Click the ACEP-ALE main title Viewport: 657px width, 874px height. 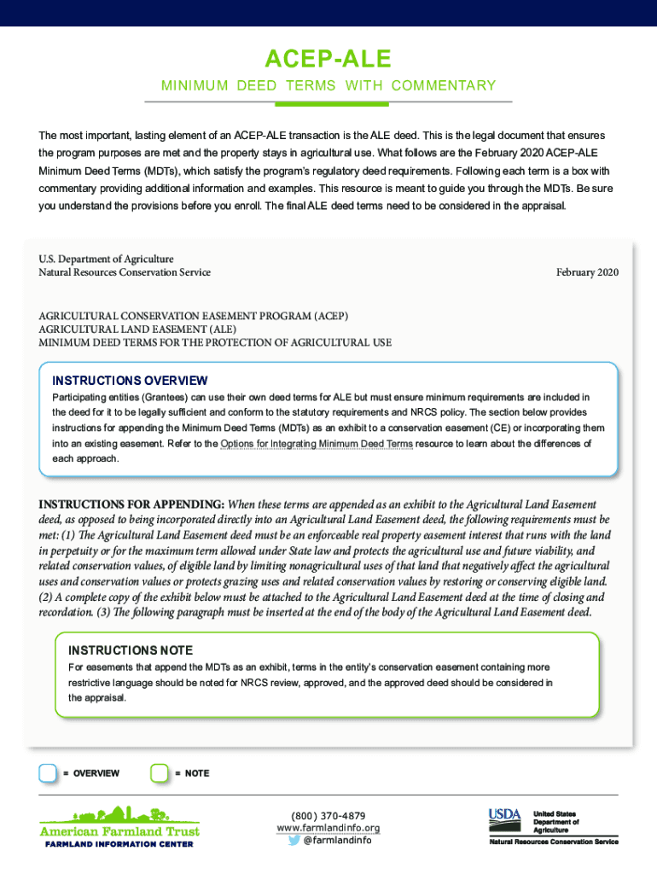(328, 59)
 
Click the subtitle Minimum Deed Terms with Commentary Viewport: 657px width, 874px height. (328, 85)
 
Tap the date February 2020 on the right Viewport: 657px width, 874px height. (587, 272)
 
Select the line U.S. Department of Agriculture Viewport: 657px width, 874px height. (106, 259)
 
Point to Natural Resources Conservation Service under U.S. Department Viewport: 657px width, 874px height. (124, 272)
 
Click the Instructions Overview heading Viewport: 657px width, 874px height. (130, 381)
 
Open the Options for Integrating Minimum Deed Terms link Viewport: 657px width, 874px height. (317, 444)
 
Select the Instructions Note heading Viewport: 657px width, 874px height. (131, 650)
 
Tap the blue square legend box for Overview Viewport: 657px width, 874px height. (49, 773)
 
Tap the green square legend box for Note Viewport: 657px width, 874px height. (160, 773)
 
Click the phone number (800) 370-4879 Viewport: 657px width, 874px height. (328, 816)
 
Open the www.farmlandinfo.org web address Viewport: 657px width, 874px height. (328, 828)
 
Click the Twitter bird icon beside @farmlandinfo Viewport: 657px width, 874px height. (294, 840)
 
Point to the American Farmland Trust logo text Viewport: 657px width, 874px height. (119, 831)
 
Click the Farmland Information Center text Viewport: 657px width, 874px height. (119, 844)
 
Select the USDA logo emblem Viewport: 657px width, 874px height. (504, 817)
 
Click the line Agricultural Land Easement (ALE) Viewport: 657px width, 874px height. (137, 329)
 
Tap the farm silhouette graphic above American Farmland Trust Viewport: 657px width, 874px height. (119, 815)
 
